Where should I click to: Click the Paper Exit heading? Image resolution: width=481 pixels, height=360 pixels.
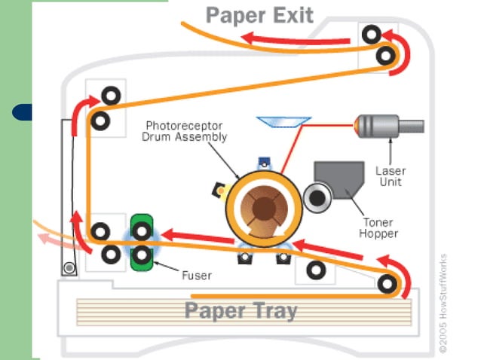[259, 14]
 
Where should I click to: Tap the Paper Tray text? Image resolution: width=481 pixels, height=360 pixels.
[240, 310]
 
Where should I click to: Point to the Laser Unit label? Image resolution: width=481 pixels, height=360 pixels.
[391, 176]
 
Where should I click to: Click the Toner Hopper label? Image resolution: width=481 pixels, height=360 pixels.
[378, 228]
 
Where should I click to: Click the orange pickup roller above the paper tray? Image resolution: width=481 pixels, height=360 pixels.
[387, 284]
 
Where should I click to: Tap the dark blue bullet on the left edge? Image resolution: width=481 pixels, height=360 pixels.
[23, 113]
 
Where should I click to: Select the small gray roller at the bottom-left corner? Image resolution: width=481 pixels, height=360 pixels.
[70, 267]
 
